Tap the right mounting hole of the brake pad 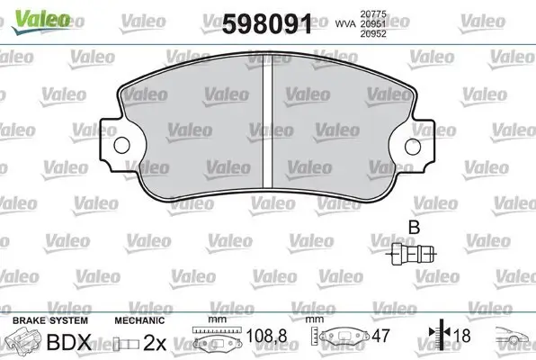(414, 146)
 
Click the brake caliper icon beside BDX (23, 342)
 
